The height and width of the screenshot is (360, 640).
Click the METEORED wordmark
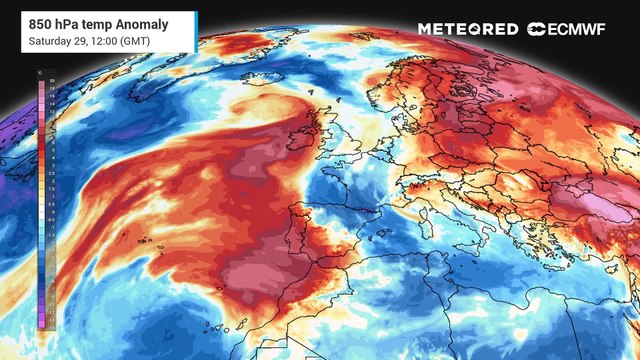(467, 29)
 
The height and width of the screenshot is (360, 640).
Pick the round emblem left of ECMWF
(536, 29)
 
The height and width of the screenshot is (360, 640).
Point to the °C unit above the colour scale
(40, 73)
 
